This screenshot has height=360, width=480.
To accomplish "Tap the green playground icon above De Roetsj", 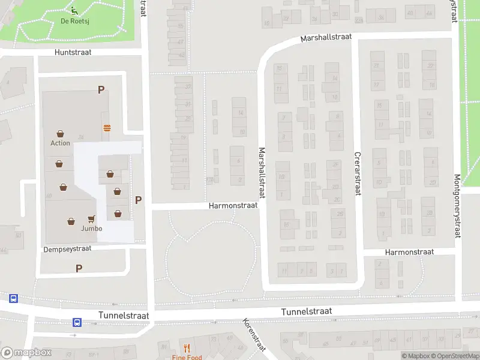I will pos(74,11).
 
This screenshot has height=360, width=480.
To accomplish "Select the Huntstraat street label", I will pos(73,53).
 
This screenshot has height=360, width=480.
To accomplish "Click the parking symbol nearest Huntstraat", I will pos(101,90).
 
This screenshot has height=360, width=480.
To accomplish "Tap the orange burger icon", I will pos(107,127).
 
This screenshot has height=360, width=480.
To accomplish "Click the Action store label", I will pos(60,143).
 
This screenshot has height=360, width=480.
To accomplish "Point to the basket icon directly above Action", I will pos(60,134).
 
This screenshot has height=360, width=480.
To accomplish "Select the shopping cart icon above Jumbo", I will pos(92,219).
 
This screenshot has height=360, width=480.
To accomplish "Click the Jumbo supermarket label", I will pos(91,229).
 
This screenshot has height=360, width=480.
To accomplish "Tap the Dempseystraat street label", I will pos(67,248).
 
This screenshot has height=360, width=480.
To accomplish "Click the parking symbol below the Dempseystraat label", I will pos(79,268).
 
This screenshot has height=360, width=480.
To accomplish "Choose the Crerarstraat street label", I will pos(357,173).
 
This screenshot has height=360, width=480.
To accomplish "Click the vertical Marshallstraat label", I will pos(262,171).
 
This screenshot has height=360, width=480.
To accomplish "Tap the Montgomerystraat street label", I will pos(457,206).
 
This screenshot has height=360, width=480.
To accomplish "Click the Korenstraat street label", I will pos(254,335).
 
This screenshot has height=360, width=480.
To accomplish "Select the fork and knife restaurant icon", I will pos(187,348).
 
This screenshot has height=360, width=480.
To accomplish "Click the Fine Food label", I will pos(187,358).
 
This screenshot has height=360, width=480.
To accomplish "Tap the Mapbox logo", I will pos(26,353).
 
